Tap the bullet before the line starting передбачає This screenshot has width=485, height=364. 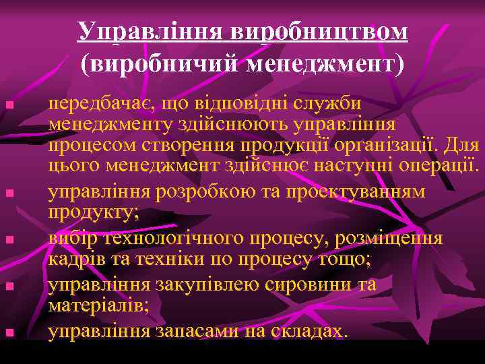7,105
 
